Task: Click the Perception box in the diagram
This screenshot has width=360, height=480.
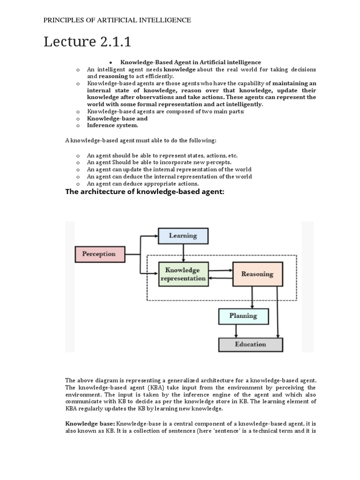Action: pyautogui.click(x=99, y=254)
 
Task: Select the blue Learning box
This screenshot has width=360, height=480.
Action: pyautogui.click(x=183, y=236)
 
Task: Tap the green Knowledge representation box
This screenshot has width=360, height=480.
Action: pyautogui.click(x=183, y=274)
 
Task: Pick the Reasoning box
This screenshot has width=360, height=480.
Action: pyautogui.click(x=257, y=274)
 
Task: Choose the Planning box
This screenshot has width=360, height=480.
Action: pyautogui.click(x=243, y=316)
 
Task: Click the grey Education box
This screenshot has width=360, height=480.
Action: pyautogui.click(x=250, y=345)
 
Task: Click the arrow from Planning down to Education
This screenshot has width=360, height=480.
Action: pyautogui.click(x=236, y=331)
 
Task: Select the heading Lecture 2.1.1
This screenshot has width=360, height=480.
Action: pyautogui.click(x=87, y=42)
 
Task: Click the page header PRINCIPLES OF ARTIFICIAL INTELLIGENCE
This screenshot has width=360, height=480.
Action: pyautogui.click(x=117, y=20)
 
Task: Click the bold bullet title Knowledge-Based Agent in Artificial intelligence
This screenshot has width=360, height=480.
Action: pyautogui.click(x=191, y=62)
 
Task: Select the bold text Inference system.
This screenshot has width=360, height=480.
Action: pyautogui.click(x=112, y=126)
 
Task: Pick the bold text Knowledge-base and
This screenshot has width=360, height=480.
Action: pyautogui.click(x=117, y=119)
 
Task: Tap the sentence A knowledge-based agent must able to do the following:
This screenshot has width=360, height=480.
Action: pyautogui.click(x=141, y=141)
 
